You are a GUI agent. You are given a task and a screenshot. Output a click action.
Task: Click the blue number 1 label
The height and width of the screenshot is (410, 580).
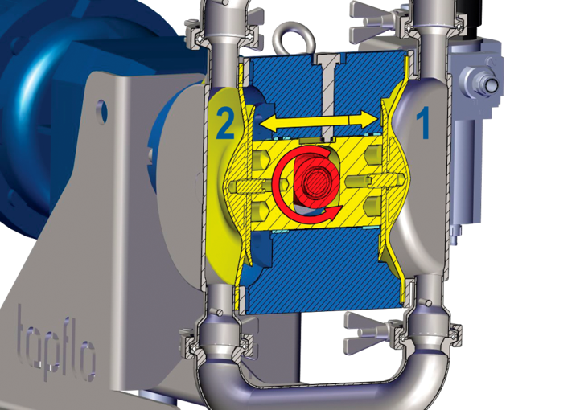[423, 123]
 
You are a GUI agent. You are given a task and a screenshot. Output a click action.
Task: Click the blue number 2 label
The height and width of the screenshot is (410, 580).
[225, 123]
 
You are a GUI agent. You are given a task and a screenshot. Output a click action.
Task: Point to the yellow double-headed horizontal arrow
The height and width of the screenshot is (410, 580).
[318, 120]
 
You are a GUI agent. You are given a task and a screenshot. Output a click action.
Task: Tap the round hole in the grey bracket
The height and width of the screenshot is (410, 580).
[102, 111]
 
